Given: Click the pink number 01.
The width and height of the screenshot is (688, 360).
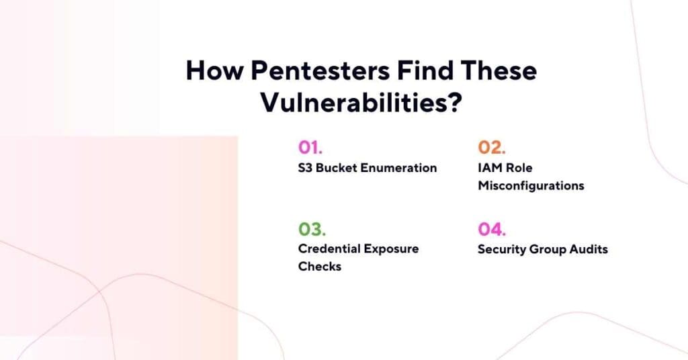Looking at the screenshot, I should pyautogui.click(x=312, y=148).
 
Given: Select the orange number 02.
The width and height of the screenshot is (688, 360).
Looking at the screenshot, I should pyautogui.click(x=492, y=148).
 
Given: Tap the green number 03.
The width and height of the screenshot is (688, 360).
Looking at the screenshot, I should pyautogui.click(x=312, y=229).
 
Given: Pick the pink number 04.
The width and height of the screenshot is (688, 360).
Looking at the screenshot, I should pyautogui.click(x=492, y=229).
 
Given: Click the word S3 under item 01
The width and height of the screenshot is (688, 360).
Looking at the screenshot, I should pyautogui.click(x=306, y=168).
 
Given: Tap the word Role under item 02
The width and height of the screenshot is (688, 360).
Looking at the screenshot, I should pyautogui.click(x=519, y=168).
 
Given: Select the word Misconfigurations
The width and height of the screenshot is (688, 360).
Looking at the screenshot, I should pyautogui.click(x=531, y=186).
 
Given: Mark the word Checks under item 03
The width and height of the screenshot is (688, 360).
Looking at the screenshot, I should pyautogui.click(x=320, y=267).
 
